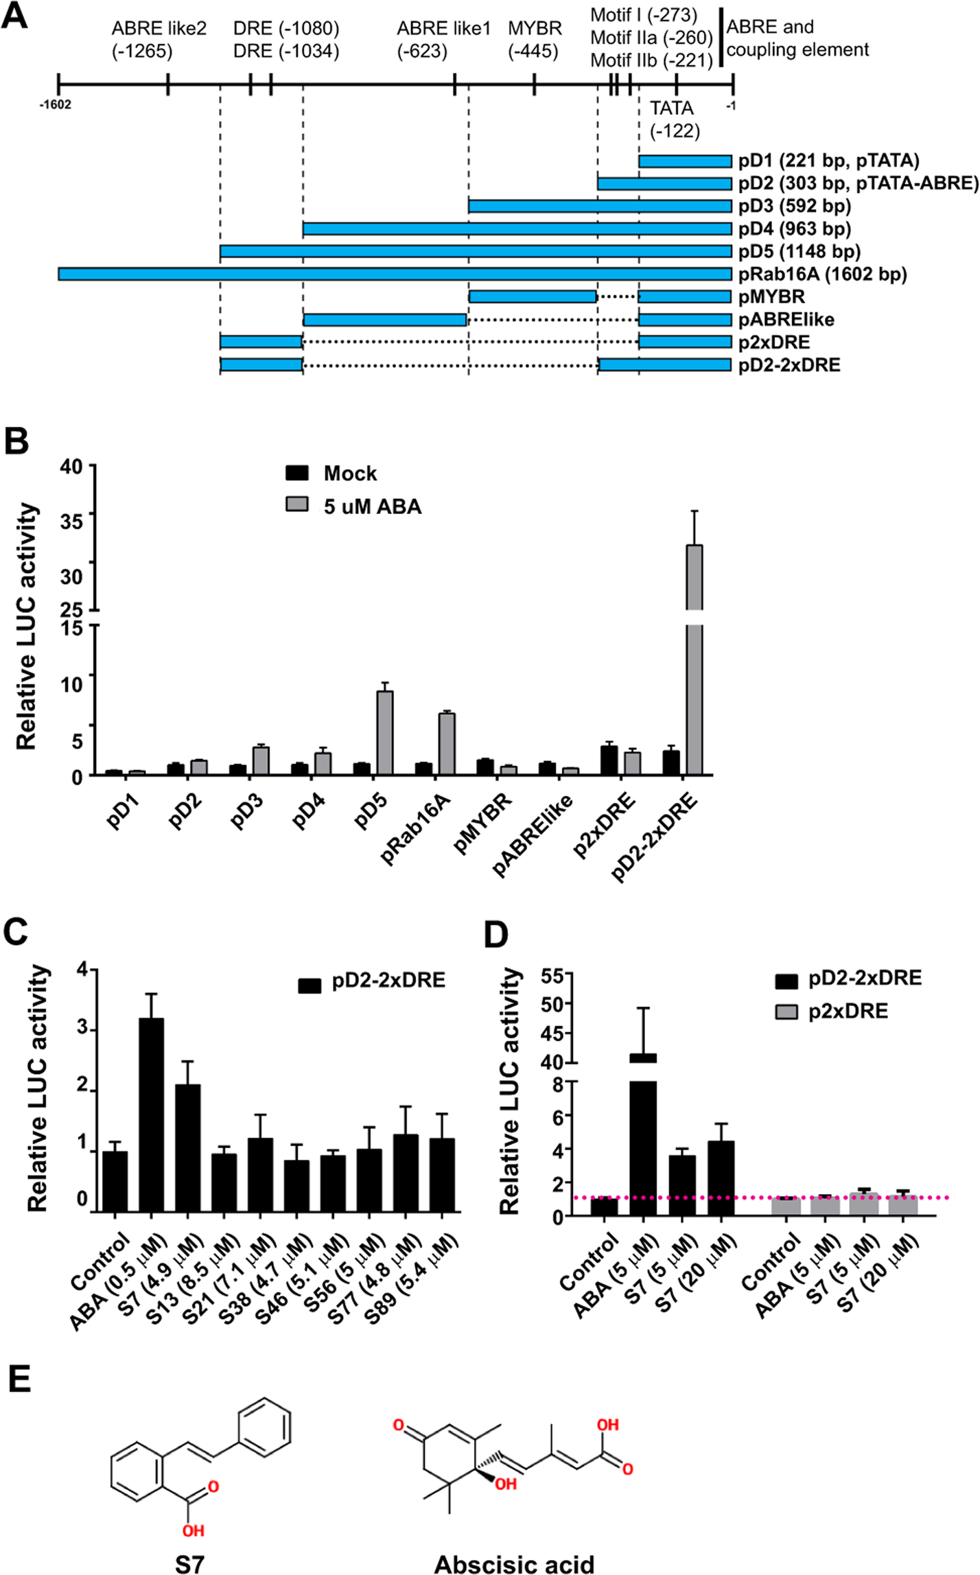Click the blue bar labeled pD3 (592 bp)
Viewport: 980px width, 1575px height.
click(600, 206)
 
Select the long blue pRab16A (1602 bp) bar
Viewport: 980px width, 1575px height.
click(395, 274)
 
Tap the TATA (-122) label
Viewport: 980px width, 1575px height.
click(674, 119)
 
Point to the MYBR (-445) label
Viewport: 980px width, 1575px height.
click(535, 39)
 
